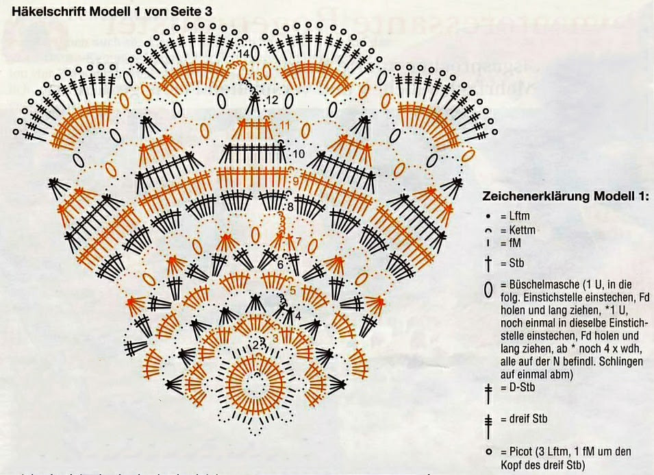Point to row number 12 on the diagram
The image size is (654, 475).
272,100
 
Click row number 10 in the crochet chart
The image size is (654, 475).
298,154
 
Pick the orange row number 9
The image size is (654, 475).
295,180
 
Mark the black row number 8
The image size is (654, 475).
290,206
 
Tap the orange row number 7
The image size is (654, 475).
298,241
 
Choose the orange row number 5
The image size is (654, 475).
292,290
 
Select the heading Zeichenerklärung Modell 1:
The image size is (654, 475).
565,196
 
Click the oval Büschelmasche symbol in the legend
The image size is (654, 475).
488,290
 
